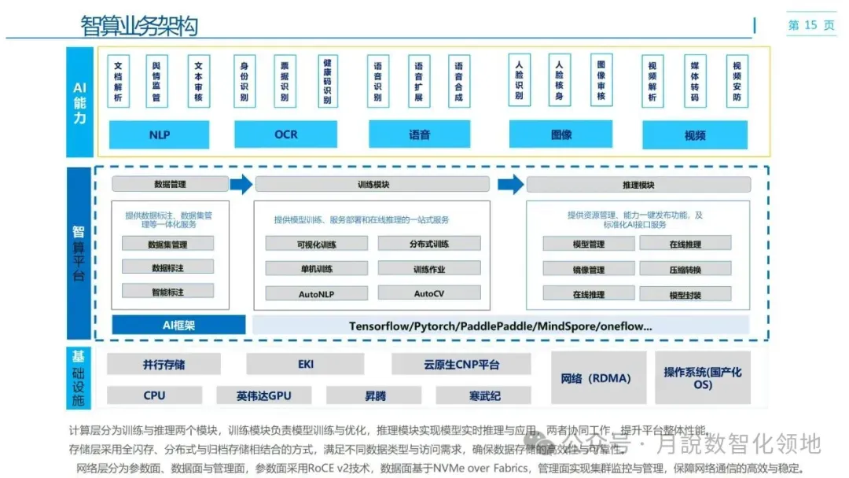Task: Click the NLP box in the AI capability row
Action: [x=160, y=134]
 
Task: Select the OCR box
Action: [x=285, y=134]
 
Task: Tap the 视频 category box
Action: [x=694, y=135]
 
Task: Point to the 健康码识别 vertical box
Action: [x=326, y=80]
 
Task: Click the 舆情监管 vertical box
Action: [x=156, y=80]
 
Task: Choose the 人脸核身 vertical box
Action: [x=559, y=80]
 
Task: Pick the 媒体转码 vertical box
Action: [x=694, y=80]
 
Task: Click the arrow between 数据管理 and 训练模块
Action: [x=242, y=185]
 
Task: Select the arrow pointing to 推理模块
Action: [x=511, y=185]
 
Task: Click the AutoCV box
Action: [x=428, y=293]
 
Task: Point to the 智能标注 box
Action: [x=167, y=291]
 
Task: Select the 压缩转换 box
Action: [x=685, y=270]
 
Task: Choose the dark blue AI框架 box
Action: [x=178, y=325]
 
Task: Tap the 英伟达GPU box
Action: [x=263, y=395]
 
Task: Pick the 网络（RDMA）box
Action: [x=597, y=378]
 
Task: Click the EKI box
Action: [x=305, y=365]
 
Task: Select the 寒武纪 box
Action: [x=484, y=395]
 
